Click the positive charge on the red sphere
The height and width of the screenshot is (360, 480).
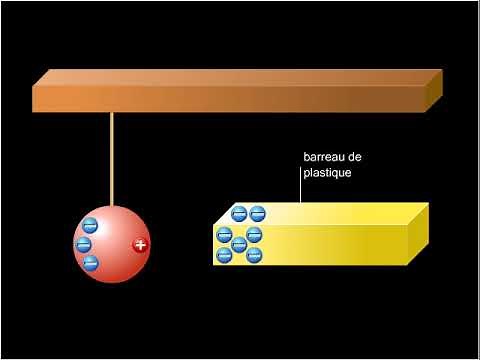[x=140, y=245]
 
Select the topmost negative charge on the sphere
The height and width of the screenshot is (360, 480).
[x=90, y=227]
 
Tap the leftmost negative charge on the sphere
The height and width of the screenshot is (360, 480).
[x=84, y=245]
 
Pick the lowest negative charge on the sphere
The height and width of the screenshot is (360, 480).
[x=90, y=264]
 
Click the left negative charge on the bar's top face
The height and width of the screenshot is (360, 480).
[x=239, y=212]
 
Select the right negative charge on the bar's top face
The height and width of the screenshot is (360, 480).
[x=257, y=212]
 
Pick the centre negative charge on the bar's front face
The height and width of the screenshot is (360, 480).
[x=239, y=245]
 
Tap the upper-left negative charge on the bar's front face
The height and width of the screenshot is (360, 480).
[x=224, y=235]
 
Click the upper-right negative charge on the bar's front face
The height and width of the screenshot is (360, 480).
[x=254, y=235]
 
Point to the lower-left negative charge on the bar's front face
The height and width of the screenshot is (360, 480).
[x=224, y=256]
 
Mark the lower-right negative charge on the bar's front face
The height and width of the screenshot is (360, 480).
[x=254, y=256]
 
